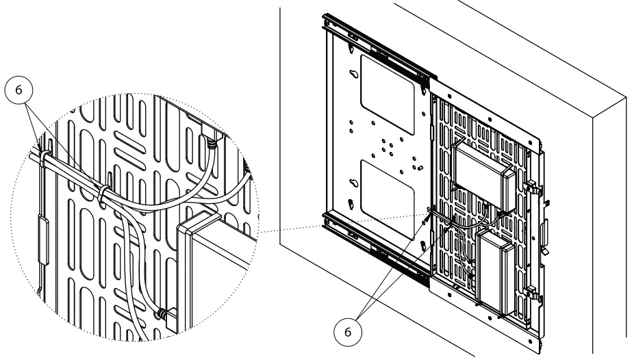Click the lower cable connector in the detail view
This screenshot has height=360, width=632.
click(x=162, y=313)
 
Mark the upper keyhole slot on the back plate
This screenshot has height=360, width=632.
click(x=353, y=77)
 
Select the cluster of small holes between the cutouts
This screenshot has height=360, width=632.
click(x=383, y=146)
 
